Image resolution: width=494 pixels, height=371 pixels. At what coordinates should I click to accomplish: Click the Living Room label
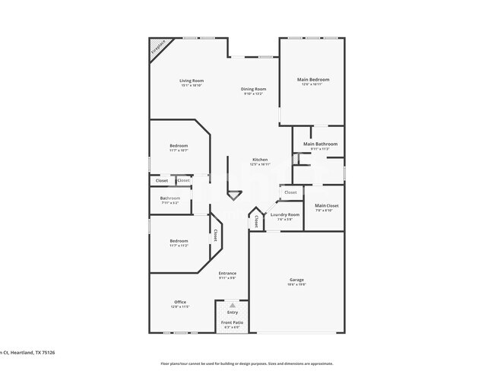(192, 81)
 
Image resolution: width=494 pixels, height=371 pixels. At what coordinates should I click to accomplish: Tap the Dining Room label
(253, 89)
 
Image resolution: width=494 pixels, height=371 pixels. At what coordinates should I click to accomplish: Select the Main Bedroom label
(312, 79)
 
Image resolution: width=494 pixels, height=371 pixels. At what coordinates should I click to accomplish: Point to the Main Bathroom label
(319, 144)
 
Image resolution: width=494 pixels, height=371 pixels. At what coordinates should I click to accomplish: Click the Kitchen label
(260, 160)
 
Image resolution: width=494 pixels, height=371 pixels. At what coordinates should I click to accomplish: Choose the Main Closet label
(326, 205)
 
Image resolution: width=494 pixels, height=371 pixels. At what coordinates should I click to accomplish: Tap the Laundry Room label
(284, 215)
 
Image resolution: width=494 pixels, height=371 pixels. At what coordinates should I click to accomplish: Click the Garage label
(296, 280)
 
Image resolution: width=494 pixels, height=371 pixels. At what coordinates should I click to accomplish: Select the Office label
(180, 302)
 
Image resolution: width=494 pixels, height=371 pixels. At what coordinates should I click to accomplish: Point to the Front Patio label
(232, 323)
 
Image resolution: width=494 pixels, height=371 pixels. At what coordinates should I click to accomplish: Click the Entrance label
(227, 273)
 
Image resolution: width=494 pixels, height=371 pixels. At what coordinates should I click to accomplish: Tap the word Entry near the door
(232, 312)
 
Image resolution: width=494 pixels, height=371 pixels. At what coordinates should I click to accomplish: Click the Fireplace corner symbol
(157, 47)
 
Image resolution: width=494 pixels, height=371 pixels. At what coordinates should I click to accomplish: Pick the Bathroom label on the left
(169, 198)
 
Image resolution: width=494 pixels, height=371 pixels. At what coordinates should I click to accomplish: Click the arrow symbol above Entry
(233, 306)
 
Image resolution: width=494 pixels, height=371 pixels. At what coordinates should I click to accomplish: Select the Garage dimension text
(296, 285)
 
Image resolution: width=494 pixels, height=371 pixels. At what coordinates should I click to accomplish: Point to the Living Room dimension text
(192, 86)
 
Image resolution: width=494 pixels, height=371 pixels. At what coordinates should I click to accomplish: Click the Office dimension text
(180, 307)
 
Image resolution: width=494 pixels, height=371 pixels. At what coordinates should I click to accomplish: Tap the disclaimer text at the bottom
(246, 364)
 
